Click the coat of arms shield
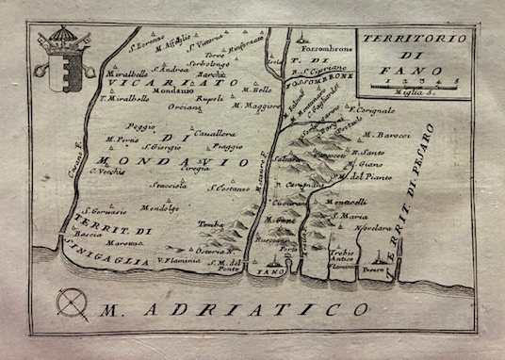click(53, 70)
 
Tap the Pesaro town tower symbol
click(382, 255)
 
